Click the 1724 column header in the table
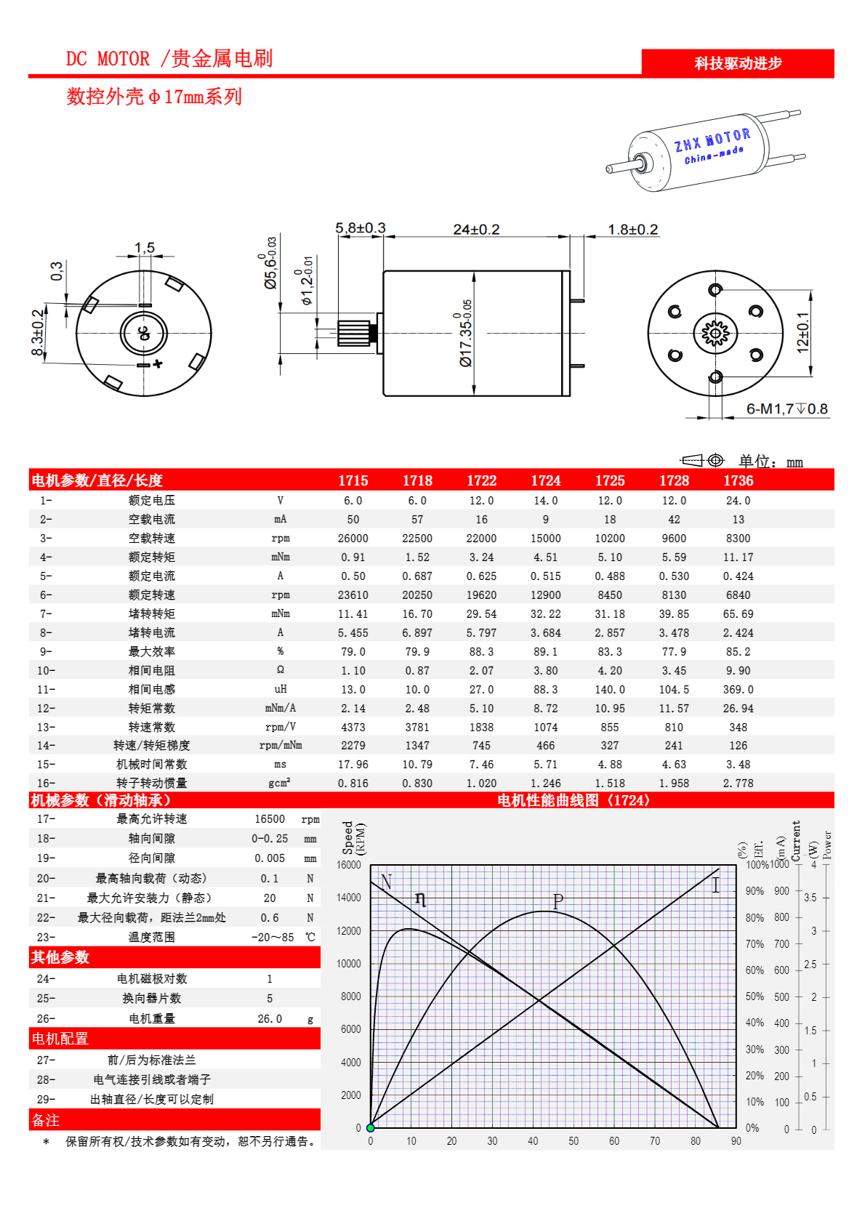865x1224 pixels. (x=545, y=480)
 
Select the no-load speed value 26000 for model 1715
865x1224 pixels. (x=353, y=539)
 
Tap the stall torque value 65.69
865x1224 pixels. (x=738, y=614)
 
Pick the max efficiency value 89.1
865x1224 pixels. (x=545, y=652)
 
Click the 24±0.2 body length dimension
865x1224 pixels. (x=476, y=230)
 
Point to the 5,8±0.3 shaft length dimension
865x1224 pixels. (x=361, y=228)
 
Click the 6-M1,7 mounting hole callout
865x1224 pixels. (x=787, y=409)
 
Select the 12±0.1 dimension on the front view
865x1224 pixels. (x=802, y=333)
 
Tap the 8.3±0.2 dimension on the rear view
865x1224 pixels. (x=37, y=334)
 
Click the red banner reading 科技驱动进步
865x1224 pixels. (x=737, y=63)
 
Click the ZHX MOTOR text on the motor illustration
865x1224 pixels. (x=712, y=140)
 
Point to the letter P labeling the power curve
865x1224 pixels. (x=558, y=901)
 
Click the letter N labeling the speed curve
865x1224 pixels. (x=386, y=882)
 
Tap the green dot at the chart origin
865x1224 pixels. (x=371, y=1128)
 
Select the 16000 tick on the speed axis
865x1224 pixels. (x=349, y=865)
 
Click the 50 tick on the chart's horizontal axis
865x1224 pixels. (x=574, y=1141)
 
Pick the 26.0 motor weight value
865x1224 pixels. (x=270, y=1019)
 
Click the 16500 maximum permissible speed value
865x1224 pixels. (x=270, y=819)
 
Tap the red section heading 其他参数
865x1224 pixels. (x=60, y=957)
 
